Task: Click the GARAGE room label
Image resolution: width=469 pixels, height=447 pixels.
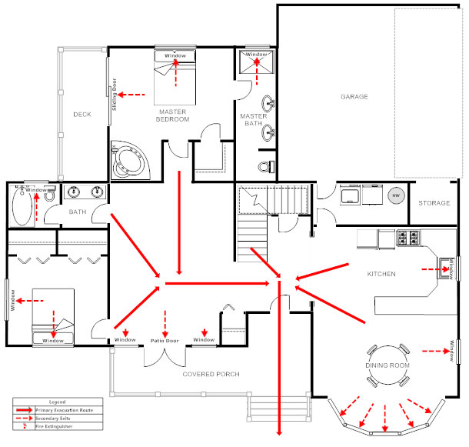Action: (354, 97)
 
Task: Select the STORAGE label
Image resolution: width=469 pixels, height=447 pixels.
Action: (434, 203)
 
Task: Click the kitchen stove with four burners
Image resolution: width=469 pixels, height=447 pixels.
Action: (407, 238)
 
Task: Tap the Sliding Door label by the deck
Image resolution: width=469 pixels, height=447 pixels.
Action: (115, 95)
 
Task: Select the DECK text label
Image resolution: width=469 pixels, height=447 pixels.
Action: (82, 115)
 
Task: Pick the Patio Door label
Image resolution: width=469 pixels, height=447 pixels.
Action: (165, 340)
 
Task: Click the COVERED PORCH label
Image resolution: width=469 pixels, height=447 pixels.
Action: (211, 374)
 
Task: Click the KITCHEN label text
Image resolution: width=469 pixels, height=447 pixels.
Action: (381, 274)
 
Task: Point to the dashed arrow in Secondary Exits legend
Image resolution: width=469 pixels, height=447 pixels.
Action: (22, 419)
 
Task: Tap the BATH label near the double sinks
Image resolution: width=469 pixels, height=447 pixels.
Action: (78, 212)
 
